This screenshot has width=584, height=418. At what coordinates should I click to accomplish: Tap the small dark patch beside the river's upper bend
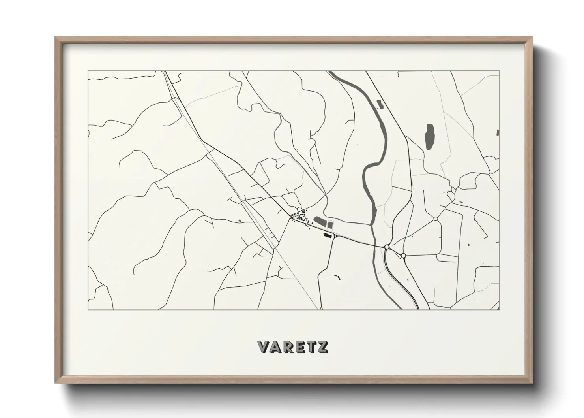(380, 104)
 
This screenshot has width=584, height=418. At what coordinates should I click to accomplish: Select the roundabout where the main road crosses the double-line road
(387, 247)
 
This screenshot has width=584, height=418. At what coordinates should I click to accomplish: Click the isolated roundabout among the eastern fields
(436, 218)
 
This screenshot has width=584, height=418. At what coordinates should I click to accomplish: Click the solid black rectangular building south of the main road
(327, 235)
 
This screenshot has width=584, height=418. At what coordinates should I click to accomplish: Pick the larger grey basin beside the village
(320, 222)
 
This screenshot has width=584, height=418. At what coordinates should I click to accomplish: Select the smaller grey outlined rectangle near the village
(330, 225)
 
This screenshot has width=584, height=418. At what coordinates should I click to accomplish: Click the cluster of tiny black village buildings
(299, 217)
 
